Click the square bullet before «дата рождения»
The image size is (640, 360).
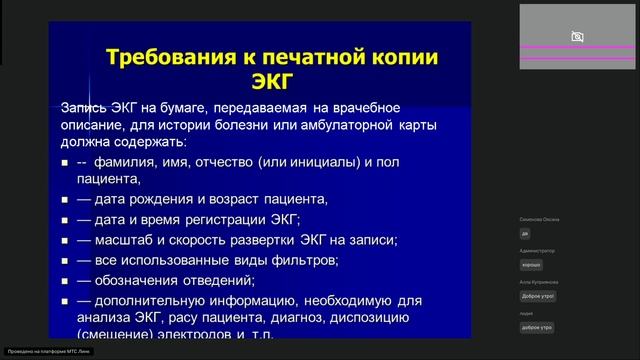click(x=64, y=200)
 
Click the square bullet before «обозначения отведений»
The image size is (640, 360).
click(x=64, y=280)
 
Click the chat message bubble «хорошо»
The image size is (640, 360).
click(x=531, y=264)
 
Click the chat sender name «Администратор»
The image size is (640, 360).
click(x=536, y=251)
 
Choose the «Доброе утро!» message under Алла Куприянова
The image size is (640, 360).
click(x=537, y=297)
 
